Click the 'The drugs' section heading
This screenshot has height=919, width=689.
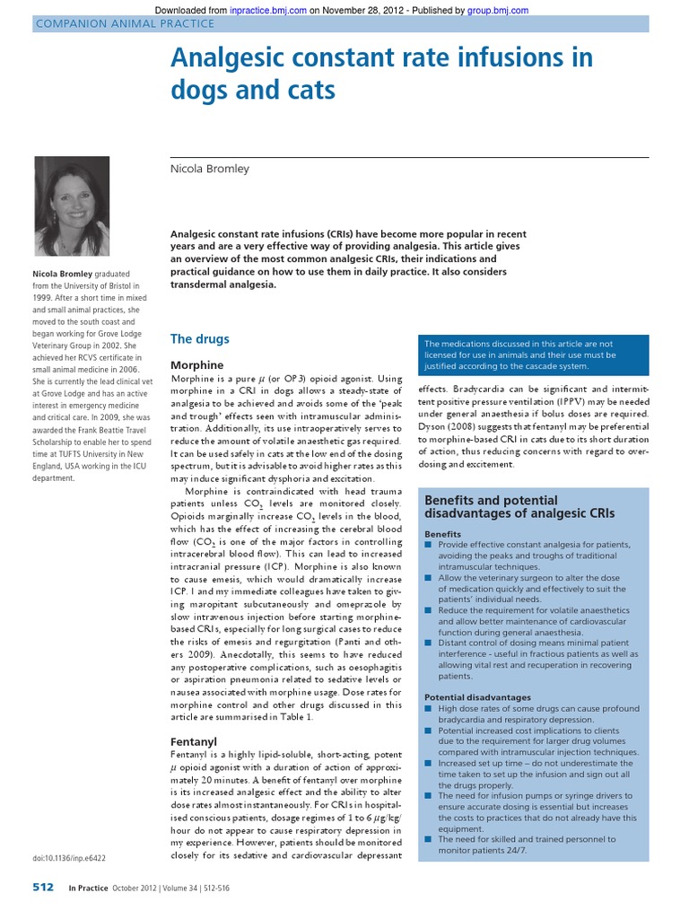(x=199, y=339)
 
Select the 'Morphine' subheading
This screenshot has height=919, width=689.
(x=196, y=366)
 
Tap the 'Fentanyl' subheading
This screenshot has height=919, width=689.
(x=193, y=742)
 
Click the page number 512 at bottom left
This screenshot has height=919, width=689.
(x=42, y=888)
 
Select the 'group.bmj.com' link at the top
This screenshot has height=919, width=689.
(x=498, y=11)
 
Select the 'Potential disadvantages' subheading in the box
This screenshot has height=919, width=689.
(x=476, y=696)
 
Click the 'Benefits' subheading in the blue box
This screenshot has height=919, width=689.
(x=442, y=533)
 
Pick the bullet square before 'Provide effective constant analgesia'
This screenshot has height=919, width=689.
(x=429, y=546)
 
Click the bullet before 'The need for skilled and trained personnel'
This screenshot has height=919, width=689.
(x=429, y=839)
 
